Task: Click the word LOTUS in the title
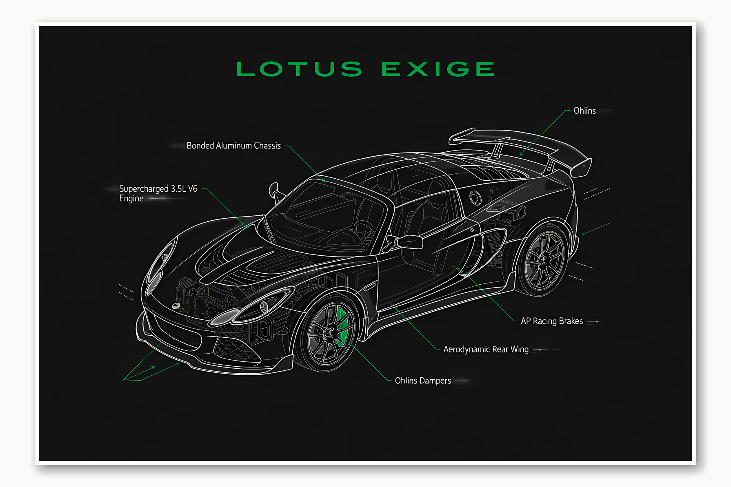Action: click(299, 69)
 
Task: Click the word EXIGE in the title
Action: click(438, 69)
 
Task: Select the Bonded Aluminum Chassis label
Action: click(233, 146)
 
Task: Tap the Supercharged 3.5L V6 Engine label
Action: click(158, 193)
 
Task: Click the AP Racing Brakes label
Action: click(551, 321)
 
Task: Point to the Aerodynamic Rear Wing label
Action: click(486, 349)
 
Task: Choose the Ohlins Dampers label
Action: click(423, 381)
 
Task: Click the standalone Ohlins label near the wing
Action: click(584, 111)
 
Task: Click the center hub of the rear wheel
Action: click(542, 260)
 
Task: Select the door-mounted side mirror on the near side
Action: click(409, 242)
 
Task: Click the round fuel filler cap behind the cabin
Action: click(475, 198)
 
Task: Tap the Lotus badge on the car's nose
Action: click(176, 305)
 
